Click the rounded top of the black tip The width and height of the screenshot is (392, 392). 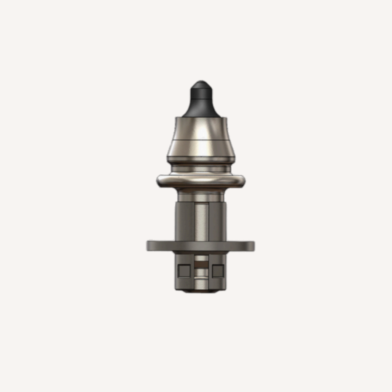point(201,83)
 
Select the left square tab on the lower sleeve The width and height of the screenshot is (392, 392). point(184,271)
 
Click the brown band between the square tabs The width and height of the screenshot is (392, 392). point(201,265)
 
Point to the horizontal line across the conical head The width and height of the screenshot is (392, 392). point(201,139)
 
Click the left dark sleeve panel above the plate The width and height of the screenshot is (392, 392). point(185,221)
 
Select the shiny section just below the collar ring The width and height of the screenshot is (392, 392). point(201,195)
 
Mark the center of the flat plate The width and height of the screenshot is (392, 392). point(201,245)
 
